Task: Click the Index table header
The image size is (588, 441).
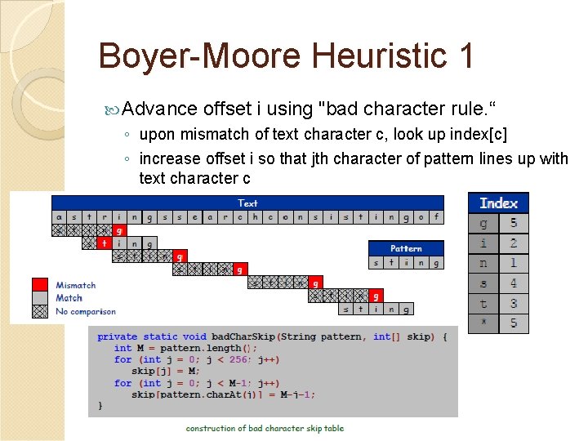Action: pos(498,203)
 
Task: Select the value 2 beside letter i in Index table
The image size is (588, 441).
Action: pos(514,243)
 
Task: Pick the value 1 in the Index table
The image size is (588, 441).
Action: pos(514,263)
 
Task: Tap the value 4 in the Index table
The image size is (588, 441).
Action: pos(514,283)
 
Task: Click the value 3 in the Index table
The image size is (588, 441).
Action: pos(514,303)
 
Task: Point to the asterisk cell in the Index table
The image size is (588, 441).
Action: pos(483,323)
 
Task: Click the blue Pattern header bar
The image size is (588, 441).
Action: pos(406,248)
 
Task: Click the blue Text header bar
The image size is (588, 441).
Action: pos(247,203)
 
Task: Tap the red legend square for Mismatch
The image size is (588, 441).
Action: pos(39,285)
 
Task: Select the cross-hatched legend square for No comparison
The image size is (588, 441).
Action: pos(39,310)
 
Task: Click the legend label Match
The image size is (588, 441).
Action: pos(69,298)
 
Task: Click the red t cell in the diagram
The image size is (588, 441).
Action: pos(104,243)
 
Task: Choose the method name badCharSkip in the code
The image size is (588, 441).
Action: pos(243,336)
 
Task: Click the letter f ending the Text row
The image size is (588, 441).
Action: pos(436,217)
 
